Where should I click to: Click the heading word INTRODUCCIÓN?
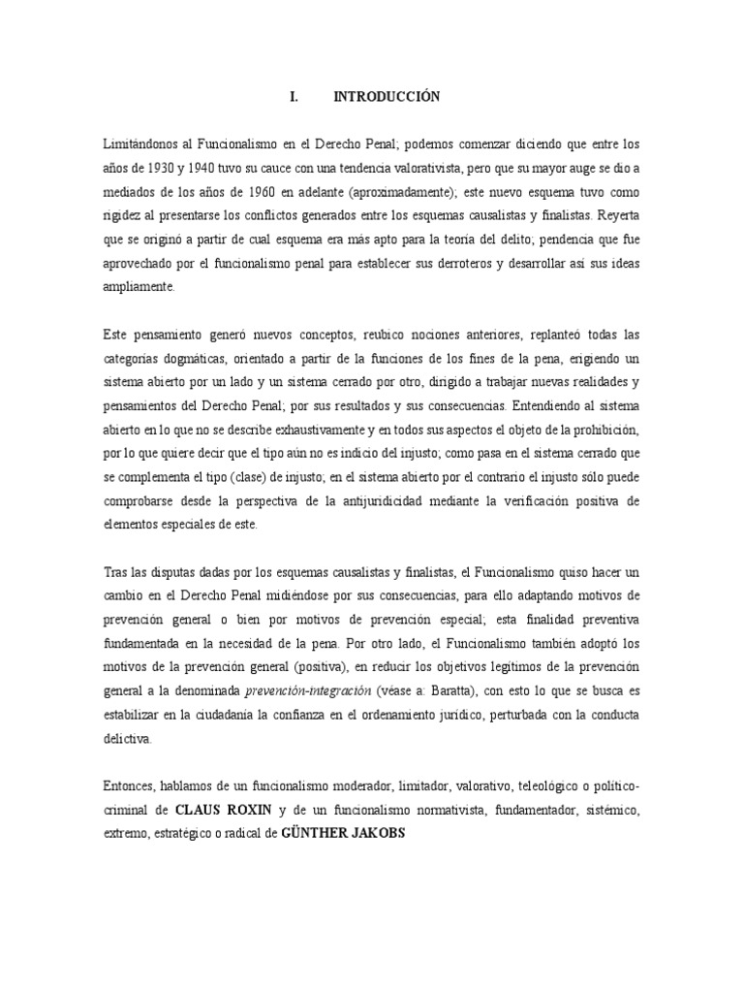387,97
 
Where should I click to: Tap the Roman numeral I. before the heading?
294,97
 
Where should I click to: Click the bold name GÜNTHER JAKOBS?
341,832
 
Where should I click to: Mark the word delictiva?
127,739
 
